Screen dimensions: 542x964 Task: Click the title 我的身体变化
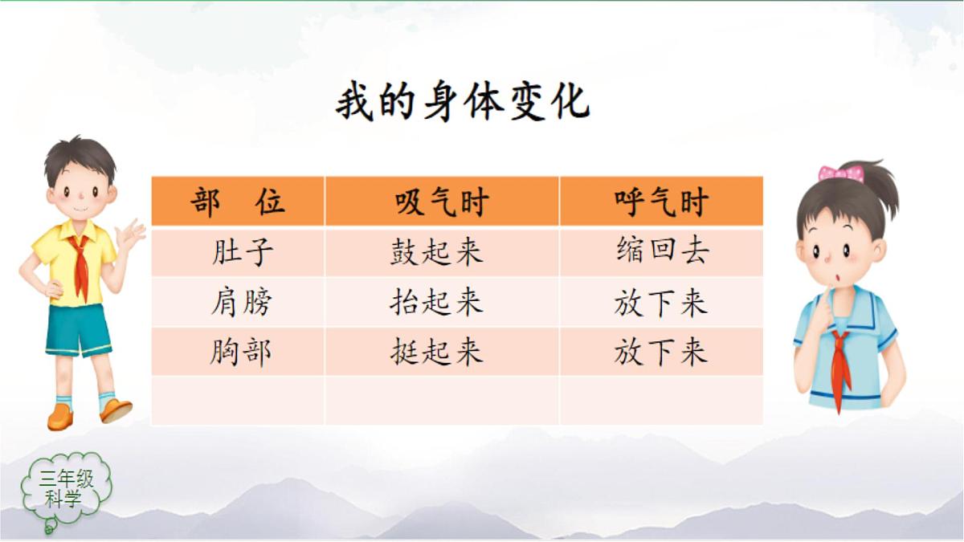coord(463,103)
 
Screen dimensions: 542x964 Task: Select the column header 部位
coord(238,202)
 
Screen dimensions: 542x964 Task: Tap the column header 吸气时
coord(442,202)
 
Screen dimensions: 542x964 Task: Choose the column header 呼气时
coord(660,202)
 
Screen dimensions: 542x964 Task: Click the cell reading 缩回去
coord(662,251)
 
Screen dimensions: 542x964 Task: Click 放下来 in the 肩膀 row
coord(660,303)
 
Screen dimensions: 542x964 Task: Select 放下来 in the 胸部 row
coord(660,353)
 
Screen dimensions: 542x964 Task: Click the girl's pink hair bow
coord(840,173)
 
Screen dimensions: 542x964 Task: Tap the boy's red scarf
coord(80,265)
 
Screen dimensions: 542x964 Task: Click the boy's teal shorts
coord(78,329)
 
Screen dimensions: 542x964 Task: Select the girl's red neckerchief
coord(841,365)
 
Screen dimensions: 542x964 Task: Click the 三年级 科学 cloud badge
coord(67,489)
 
